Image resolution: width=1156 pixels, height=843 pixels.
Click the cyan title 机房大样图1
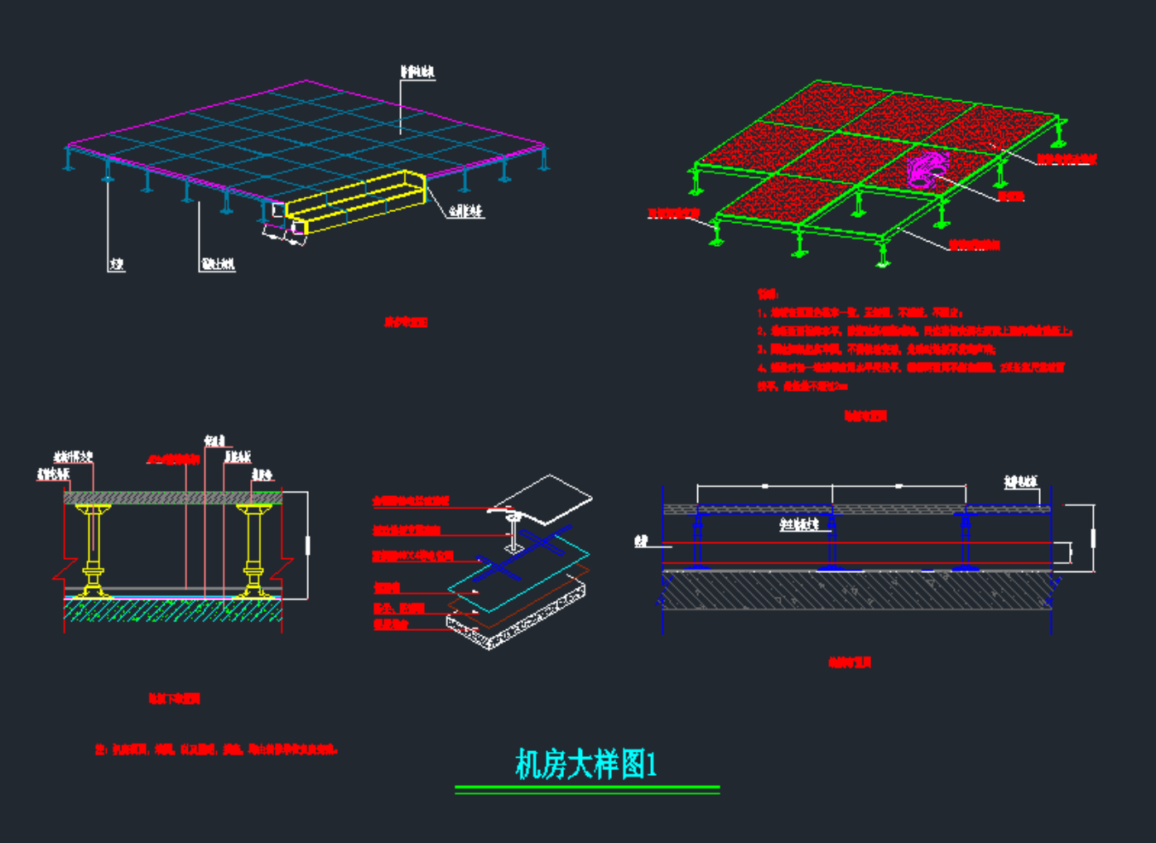coord(586,764)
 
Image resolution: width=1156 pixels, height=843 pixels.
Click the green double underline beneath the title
coord(587,790)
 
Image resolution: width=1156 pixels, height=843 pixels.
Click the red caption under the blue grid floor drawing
coord(406,322)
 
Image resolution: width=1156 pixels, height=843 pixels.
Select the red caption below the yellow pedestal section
coord(174,699)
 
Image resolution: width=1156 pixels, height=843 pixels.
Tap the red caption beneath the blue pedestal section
coord(850,662)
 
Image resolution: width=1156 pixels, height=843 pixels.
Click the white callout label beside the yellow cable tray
coord(465,212)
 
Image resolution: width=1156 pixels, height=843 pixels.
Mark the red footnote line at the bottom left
coord(216,749)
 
